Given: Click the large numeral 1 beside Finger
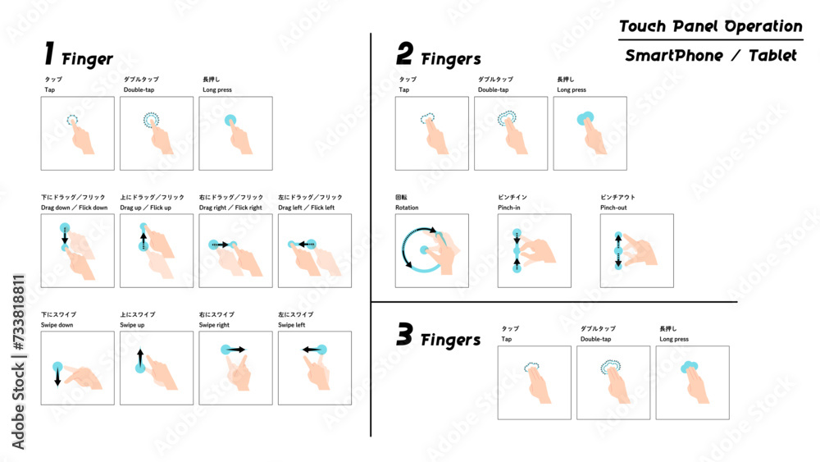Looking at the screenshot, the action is click(x=49, y=54).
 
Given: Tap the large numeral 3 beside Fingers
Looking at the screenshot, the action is click(x=404, y=334).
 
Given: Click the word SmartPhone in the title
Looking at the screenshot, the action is click(x=674, y=56).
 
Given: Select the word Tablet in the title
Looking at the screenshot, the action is click(x=772, y=56).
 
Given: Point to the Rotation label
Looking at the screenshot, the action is click(x=407, y=208).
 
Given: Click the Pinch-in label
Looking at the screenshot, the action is click(x=509, y=208).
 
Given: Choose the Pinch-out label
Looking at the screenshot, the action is click(x=613, y=208).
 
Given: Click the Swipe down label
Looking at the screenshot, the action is click(x=57, y=325).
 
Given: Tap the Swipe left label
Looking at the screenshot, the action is click(x=291, y=325).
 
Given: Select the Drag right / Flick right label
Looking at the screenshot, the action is click(x=230, y=208).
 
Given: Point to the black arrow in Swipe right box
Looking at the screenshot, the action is click(x=236, y=350).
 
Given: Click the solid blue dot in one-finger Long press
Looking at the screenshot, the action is click(x=230, y=121).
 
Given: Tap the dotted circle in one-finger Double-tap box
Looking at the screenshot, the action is click(x=151, y=120).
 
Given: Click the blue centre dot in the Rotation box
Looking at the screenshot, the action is click(x=424, y=250).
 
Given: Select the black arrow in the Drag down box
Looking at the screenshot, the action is click(x=65, y=237).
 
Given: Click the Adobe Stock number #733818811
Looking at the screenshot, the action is click(x=18, y=313).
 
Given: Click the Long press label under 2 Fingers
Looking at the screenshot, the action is click(x=572, y=90).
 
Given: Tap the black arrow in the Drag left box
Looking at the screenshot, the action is click(x=306, y=245).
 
